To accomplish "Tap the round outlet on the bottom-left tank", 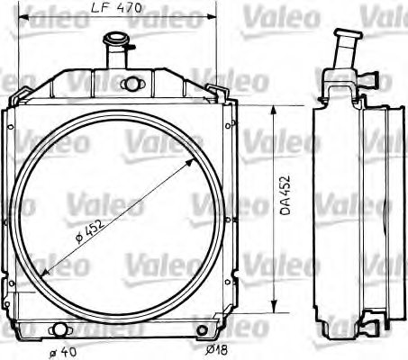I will (x=61, y=329).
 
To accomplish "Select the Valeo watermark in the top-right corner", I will (x=382, y=13).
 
